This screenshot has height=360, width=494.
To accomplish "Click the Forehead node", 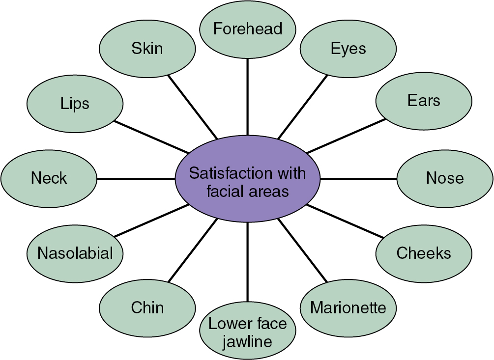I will click(x=248, y=29).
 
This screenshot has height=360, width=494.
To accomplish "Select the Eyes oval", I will click(x=348, y=49).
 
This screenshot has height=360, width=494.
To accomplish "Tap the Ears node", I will click(x=424, y=101).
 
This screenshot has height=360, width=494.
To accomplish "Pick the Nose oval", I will click(x=444, y=178).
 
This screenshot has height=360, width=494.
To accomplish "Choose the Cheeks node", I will click(x=424, y=253).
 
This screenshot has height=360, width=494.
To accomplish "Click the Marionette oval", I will click(x=348, y=308).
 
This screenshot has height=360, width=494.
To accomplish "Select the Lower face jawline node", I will click(x=248, y=332).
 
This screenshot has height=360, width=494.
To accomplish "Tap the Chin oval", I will click(x=147, y=308).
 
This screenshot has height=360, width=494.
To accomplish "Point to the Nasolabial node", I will click(x=75, y=253).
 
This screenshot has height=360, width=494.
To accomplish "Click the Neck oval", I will click(x=49, y=178).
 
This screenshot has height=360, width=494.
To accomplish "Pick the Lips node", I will click(x=75, y=104).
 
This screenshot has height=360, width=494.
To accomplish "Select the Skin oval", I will click(x=147, y=48).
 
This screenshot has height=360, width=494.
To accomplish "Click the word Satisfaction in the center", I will click(x=224, y=173).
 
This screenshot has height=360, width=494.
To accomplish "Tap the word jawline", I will click(x=248, y=341).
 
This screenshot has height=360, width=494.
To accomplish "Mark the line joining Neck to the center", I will click(x=136, y=178).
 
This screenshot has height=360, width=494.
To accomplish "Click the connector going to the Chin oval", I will click(x=193, y=250).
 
